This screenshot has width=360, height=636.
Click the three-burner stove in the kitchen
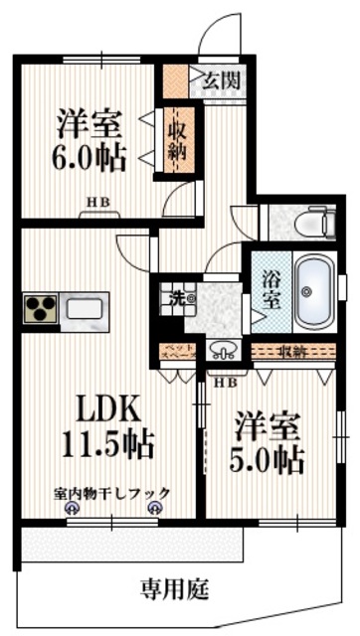(x=40, y=309)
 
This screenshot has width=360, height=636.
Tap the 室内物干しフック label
(x=112, y=492)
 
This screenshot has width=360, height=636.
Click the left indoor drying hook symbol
(x=72, y=507)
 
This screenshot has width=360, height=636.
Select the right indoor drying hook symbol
(x=154, y=507)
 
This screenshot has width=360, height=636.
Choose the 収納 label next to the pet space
(x=292, y=351)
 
